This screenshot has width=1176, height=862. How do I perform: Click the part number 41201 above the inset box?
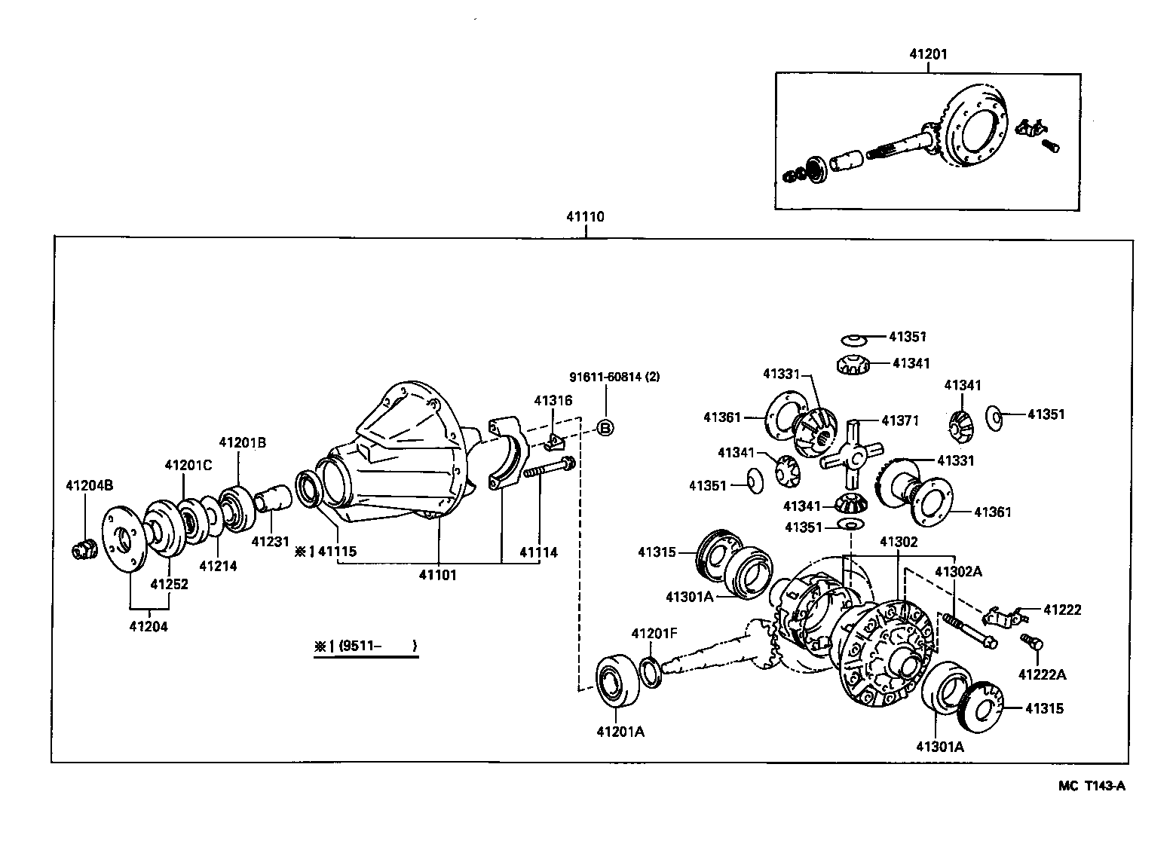point(928,54)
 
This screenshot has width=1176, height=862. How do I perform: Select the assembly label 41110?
point(586,216)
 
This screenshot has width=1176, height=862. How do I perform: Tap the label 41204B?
point(89,485)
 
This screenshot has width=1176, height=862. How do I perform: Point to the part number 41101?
point(438,575)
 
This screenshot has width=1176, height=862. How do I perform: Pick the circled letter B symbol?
point(605,428)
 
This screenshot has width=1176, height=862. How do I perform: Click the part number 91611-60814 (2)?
point(614,377)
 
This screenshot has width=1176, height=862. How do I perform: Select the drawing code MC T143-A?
point(1092,786)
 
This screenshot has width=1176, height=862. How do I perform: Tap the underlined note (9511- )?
point(366,646)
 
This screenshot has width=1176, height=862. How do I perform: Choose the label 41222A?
point(1043,674)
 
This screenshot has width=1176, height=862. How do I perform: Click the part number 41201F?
point(654,633)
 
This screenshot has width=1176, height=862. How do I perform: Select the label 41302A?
point(958,571)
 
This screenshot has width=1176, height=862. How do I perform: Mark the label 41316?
point(553,401)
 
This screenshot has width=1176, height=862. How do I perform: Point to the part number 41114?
point(539,552)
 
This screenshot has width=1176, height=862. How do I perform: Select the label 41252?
point(169,584)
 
